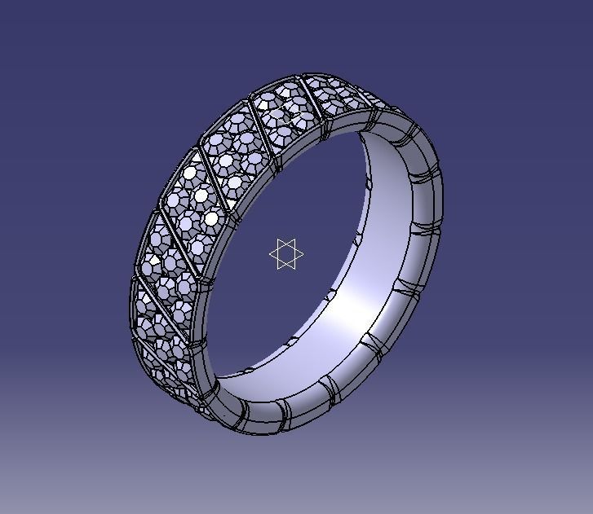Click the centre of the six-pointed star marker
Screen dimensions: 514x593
pos(286,254)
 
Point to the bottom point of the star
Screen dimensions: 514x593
pos(286,270)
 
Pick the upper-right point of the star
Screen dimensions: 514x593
pos(301,247)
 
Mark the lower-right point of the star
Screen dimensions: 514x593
pos(301,262)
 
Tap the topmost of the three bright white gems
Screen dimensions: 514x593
pos(191,173)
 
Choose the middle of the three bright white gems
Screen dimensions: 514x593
pos(201,196)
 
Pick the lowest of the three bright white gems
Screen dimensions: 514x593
pos(212,218)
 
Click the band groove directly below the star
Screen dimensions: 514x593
pos(285,407)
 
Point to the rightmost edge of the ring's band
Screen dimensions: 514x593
pos(442,195)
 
